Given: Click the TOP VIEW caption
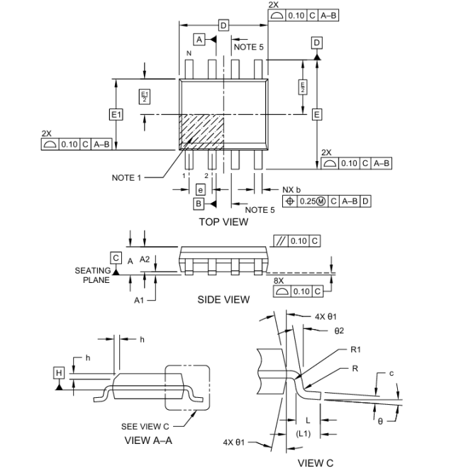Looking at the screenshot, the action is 223,222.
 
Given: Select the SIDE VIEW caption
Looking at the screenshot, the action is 223,299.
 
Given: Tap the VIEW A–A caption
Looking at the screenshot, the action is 148,440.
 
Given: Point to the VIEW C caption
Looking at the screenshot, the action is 316,463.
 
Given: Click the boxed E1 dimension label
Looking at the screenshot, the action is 116,115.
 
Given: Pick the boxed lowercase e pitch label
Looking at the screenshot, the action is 201,190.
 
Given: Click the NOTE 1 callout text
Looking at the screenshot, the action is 126,178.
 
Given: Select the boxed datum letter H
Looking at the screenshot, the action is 59,373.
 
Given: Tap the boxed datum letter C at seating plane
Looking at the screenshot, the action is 116,258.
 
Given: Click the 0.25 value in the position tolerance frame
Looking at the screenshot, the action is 307,201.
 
